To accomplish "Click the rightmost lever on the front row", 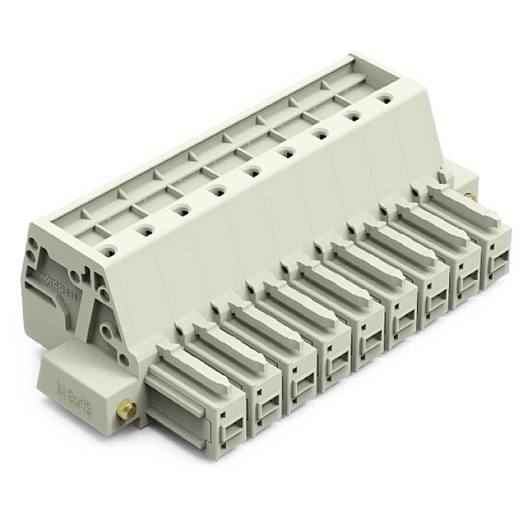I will pyautogui.click(x=463, y=206).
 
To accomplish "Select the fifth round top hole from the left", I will pyautogui.click(x=252, y=172).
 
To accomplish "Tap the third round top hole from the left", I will pyautogui.click(x=181, y=211).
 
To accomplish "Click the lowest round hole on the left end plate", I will pyautogui.click(x=124, y=360).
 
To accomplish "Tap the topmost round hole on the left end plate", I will pyautogui.click(x=33, y=243).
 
